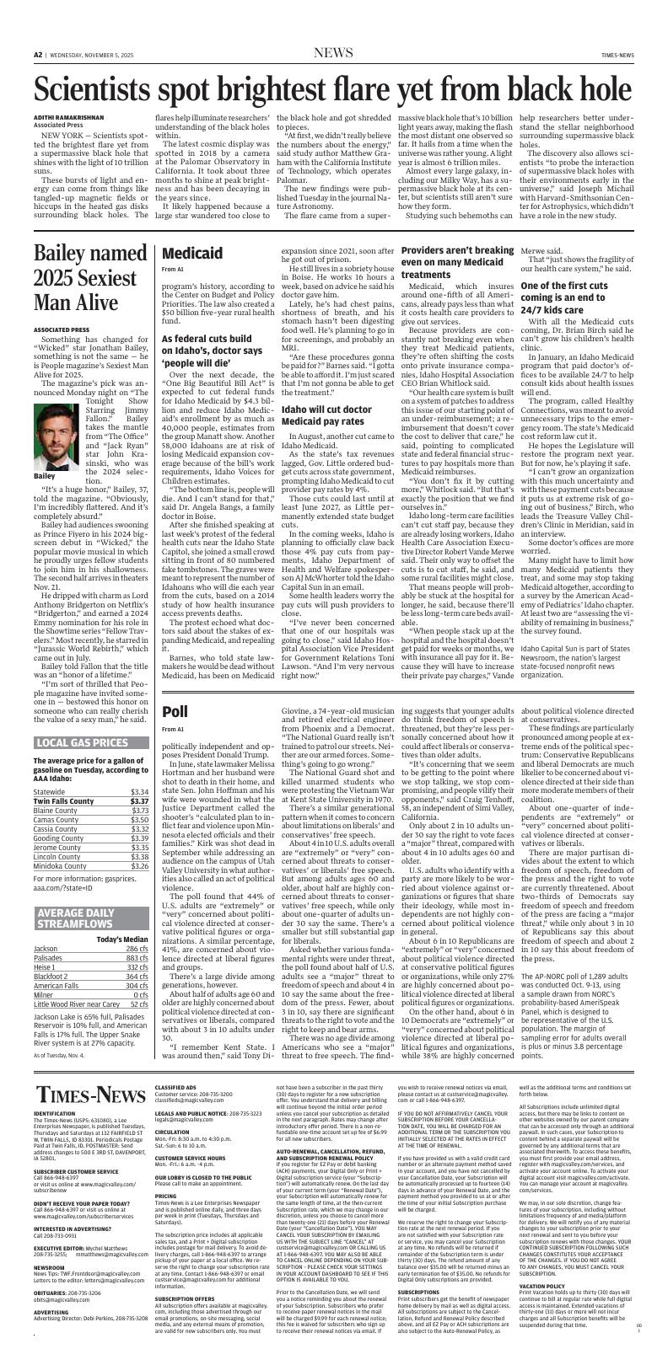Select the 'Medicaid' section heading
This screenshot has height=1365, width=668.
pos(191,253)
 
